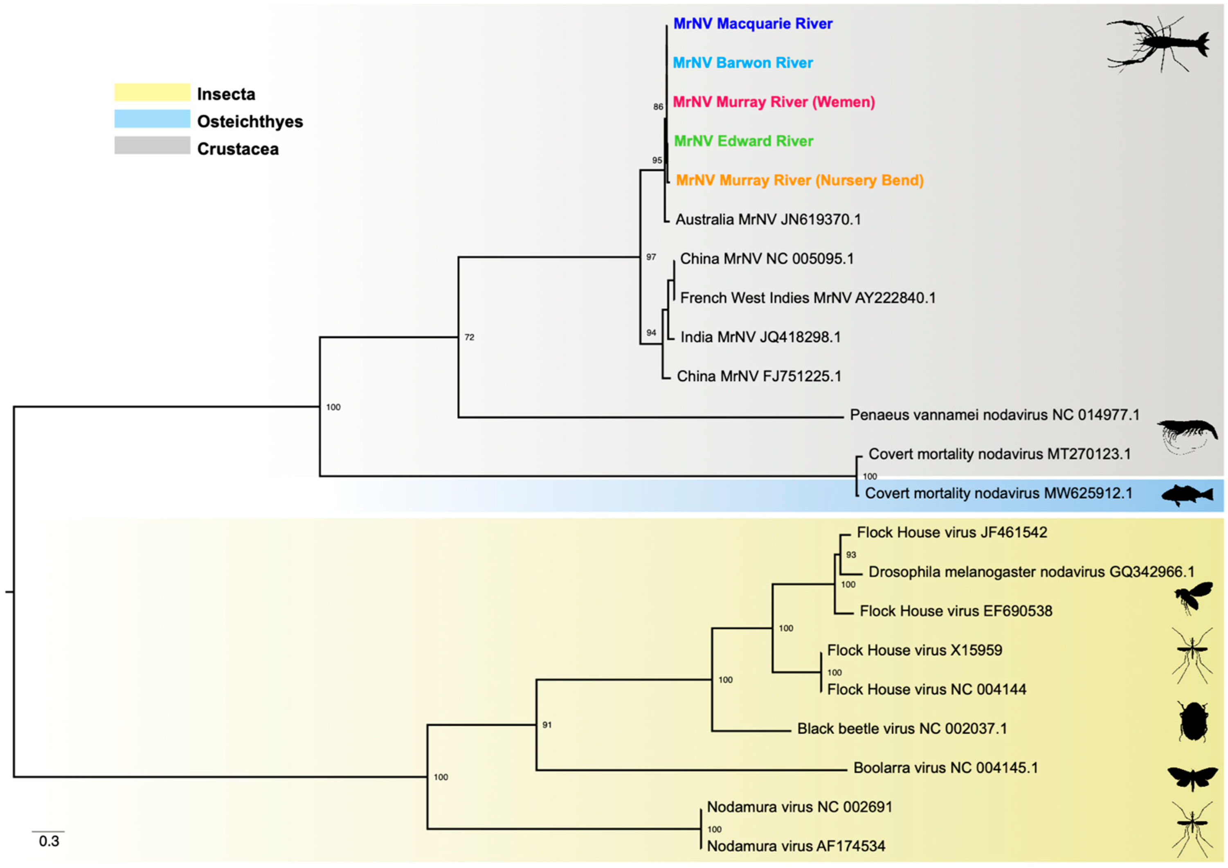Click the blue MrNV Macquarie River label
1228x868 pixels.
(x=753, y=24)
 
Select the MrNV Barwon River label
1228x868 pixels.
(x=742, y=63)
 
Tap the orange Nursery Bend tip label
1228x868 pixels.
(x=800, y=180)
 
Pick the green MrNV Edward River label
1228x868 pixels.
(x=743, y=141)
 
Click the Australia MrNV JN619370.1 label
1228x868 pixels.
(x=768, y=219)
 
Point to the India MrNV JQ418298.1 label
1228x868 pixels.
(x=760, y=337)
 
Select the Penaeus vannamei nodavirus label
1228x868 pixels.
(x=994, y=415)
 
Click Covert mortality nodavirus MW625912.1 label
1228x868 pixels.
(x=999, y=493)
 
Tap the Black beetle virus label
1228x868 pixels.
(x=902, y=729)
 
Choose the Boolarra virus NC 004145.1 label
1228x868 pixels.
(x=946, y=768)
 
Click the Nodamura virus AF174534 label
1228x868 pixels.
(x=796, y=846)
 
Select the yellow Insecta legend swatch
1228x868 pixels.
(x=152, y=92)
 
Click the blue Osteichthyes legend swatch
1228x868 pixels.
(x=152, y=119)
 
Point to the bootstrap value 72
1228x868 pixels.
(x=469, y=337)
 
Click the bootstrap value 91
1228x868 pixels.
(x=547, y=725)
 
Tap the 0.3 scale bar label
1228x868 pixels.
(x=49, y=842)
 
